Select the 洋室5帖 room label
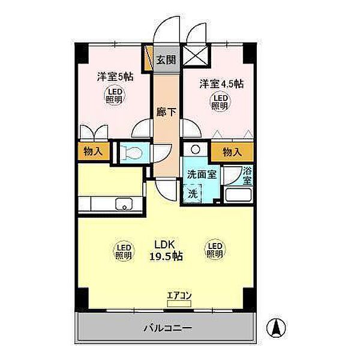point(115,77)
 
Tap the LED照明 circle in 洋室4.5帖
point(219,101)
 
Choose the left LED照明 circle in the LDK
point(123,250)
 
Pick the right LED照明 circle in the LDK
point(214,250)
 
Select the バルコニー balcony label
point(167,329)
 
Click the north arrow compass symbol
point(278,327)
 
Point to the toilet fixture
point(131,152)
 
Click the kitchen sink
point(124,204)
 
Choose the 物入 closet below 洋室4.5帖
point(231,152)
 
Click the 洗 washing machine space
point(193,193)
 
